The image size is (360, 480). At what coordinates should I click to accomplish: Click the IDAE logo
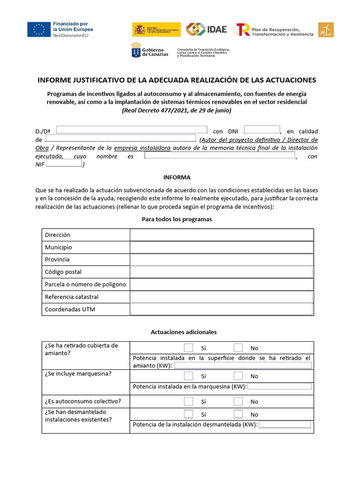206,29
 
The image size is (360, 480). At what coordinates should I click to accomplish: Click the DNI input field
262,130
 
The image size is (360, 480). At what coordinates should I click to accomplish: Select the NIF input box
64,164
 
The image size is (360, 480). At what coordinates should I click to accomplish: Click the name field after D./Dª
132,130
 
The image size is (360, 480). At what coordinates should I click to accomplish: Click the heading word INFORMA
177,177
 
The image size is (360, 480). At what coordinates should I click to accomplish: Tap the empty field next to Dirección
222,235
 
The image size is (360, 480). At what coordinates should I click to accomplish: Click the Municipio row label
59,247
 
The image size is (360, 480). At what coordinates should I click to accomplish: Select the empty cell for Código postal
222,272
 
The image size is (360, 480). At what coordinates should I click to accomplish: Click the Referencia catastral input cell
222,297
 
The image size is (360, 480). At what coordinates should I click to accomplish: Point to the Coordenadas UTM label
70,309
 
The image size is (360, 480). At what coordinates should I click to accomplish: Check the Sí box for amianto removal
188,348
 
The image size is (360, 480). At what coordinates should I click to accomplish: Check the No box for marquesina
238,376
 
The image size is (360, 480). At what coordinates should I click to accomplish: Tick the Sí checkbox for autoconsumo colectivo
188,401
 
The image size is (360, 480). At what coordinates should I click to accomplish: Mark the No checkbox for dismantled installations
238,414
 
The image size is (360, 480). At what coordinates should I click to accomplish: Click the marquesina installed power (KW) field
279,387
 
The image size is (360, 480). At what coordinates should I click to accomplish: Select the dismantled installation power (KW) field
285,424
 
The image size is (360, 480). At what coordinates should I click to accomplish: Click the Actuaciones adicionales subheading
184,332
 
